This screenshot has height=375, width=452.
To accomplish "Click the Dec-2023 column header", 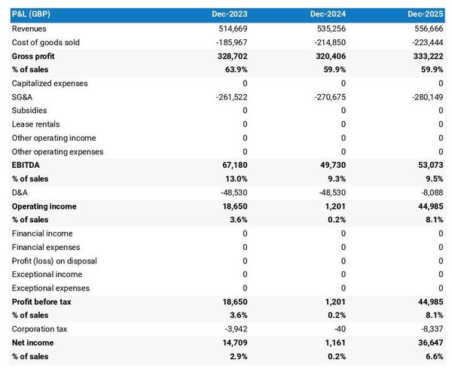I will click(x=230, y=14).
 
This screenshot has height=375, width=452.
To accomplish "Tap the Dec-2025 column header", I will click(x=426, y=14).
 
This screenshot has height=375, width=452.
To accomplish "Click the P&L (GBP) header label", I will click(x=33, y=14).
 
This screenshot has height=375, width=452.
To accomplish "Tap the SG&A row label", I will click(x=23, y=97).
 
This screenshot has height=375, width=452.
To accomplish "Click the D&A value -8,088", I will click(x=430, y=192).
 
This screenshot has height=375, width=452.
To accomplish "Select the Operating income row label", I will click(x=44, y=206).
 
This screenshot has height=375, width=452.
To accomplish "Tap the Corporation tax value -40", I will click(x=338, y=329).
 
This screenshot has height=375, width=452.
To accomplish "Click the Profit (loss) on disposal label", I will click(x=54, y=261).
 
